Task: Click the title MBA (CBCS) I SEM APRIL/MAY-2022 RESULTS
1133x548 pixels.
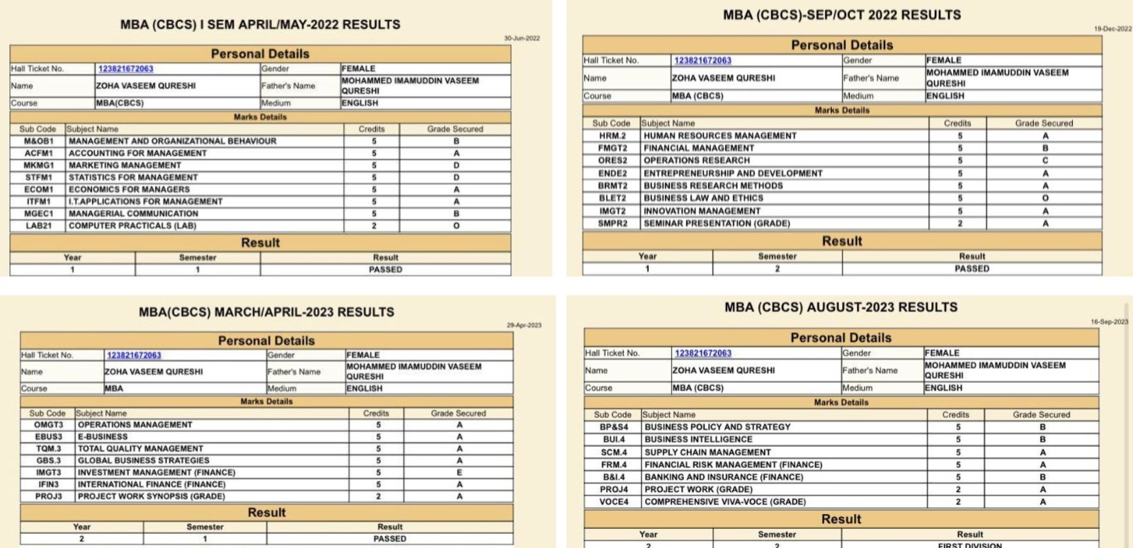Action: tap(260, 25)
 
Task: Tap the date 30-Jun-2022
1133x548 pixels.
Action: tap(522, 38)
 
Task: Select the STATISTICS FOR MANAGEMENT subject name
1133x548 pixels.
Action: tap(133, 177)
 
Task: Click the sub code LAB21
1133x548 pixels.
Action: tap(38, 226)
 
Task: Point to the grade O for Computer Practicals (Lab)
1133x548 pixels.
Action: tap(456, 226)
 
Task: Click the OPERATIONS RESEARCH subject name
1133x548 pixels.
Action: tap(696, 161)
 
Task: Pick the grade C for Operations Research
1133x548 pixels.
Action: tap(1045, 161)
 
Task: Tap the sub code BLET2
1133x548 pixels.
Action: tap(613, 198)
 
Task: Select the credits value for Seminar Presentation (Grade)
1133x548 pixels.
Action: tap(960, 223)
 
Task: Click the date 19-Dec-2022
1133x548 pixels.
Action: tap(1112, 29)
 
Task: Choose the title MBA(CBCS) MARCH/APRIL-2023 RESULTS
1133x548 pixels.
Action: tap(266, 312)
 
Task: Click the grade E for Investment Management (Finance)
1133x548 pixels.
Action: tap(459, 472)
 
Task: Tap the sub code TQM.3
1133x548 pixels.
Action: tap(48, 448)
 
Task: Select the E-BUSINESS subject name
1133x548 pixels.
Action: tap(103, 437)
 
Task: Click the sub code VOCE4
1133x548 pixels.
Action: tap(614, 502)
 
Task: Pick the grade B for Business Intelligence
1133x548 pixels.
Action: tap(1042, 440)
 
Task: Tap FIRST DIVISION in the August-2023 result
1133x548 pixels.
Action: tap(969, 545)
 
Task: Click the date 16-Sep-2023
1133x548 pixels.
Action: tap(1109, 322)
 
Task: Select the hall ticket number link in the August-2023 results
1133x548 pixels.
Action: tap(702, 353)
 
